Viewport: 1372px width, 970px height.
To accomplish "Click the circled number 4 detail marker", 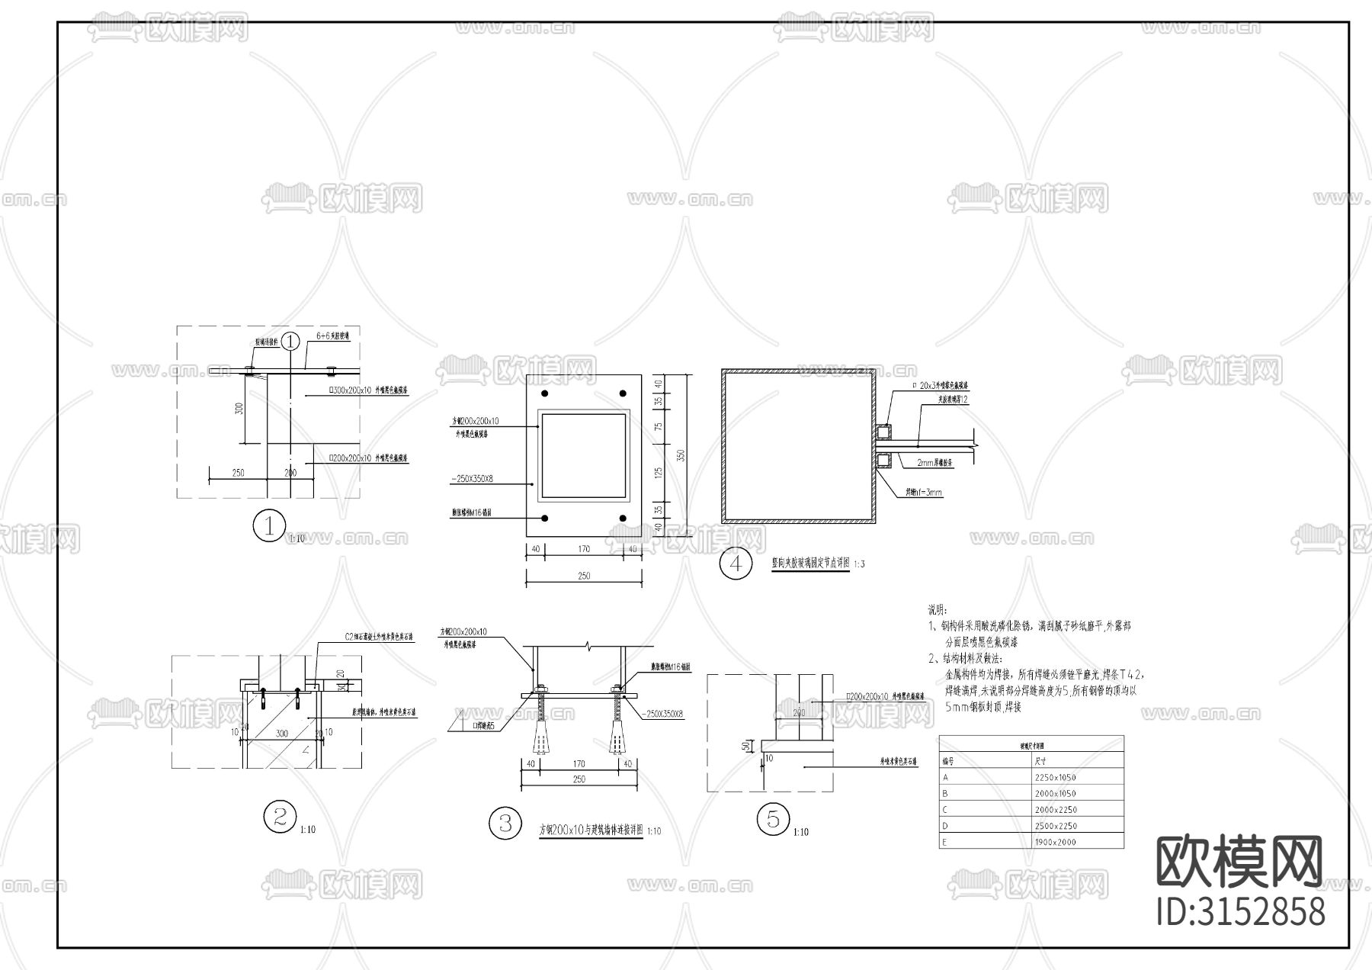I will click(736, 564).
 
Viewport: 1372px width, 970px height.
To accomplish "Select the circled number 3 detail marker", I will click(505, 823).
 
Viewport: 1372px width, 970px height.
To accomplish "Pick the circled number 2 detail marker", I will click(280, 817).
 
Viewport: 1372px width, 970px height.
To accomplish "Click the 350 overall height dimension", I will click(681, 454).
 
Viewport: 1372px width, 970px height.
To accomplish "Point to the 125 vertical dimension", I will click(659, 472).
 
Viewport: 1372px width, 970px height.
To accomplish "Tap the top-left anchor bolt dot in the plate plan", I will click(545, 394).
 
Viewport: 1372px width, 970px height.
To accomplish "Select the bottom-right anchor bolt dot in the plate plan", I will click(623, 519).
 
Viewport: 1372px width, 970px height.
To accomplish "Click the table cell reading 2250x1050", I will click(1055, 777).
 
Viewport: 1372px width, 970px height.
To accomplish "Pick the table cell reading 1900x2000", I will click(1055, 842).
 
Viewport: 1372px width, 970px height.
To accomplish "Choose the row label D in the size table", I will click(946, 826).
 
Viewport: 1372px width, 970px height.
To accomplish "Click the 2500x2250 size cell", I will click(1055, 826).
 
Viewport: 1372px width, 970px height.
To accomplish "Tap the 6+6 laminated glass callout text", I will click(332, 336).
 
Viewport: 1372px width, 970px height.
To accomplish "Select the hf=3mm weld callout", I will click(924, 493).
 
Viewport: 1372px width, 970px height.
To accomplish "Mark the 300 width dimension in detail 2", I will click(282, 733).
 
